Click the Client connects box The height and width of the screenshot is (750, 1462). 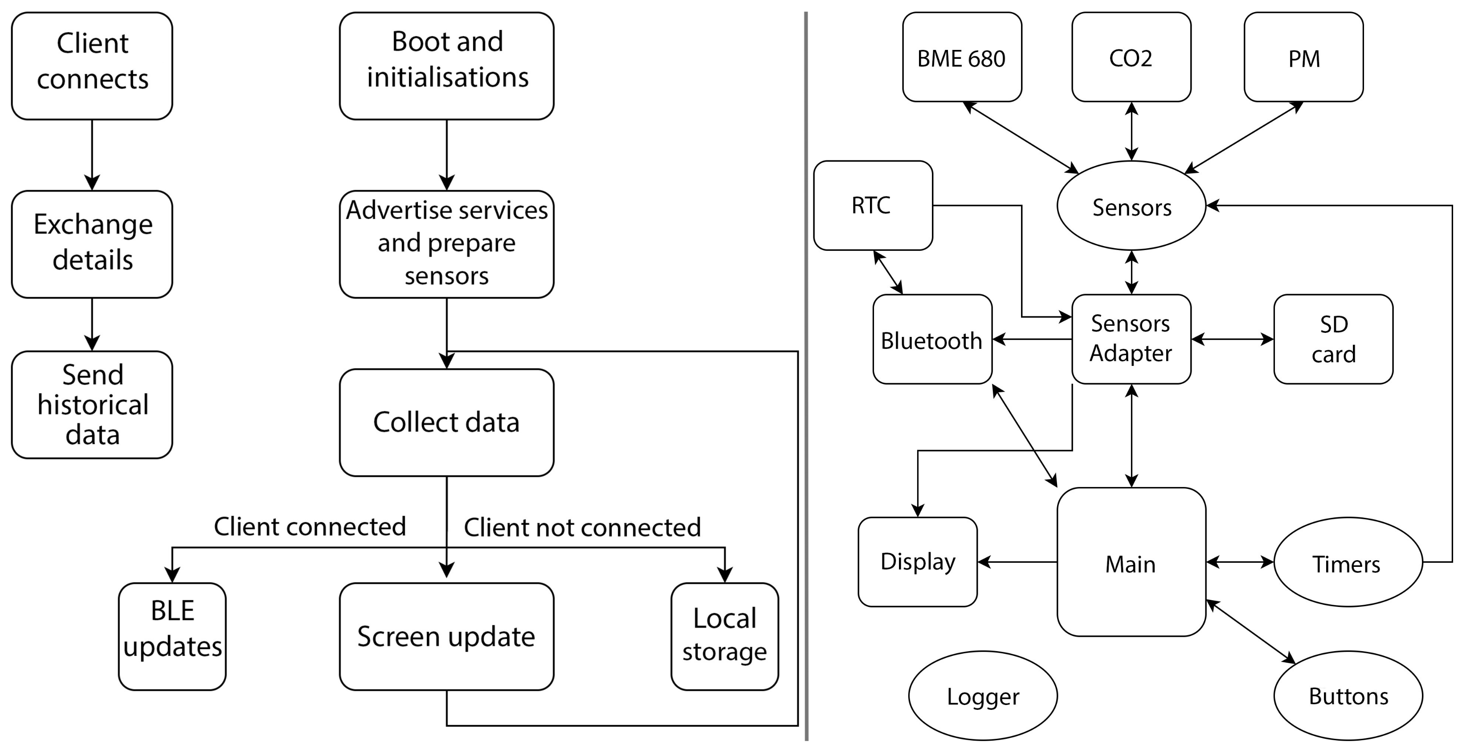coord(92,66)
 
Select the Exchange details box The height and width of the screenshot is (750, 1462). coord(92,244)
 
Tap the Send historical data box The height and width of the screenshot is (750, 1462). coord(92,404)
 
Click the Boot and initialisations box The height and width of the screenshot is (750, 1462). coord(447,66)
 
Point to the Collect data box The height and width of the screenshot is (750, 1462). coord(447,422)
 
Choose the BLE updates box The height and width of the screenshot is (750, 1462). coord(172,636)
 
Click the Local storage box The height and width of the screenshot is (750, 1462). coord(724,636)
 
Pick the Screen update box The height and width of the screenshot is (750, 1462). coord(447,636)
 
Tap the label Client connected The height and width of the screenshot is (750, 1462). coord(310,526)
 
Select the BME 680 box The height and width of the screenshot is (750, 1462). coord(962,57)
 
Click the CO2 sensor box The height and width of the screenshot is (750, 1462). coord(1131,57)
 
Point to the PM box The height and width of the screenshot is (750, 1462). coord(1304,57)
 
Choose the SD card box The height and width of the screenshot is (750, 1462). coord(1333,339)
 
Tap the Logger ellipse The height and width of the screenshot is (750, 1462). coord(982,696)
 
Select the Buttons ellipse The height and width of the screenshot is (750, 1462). coord(1348,696)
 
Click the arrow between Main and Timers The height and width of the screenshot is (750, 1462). coord(1240,562)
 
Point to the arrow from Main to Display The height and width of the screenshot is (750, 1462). coord(1017,562)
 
